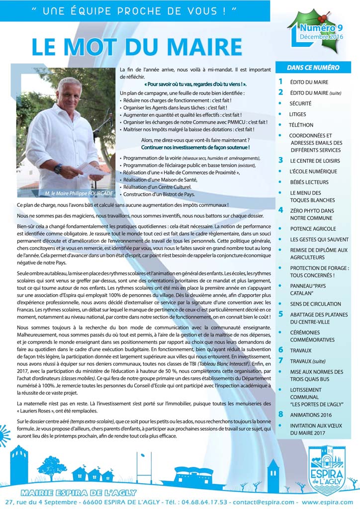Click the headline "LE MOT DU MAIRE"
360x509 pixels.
coord(137,47)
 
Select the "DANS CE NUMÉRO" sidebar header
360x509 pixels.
coord(313,68)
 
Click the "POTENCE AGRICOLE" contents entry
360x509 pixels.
coord(313,229)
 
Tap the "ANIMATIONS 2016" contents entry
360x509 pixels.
coord(311,415)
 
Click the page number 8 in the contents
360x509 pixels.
coord(280,414)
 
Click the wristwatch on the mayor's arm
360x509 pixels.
coord(59,169)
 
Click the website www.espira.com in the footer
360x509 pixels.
coord(327,502)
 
